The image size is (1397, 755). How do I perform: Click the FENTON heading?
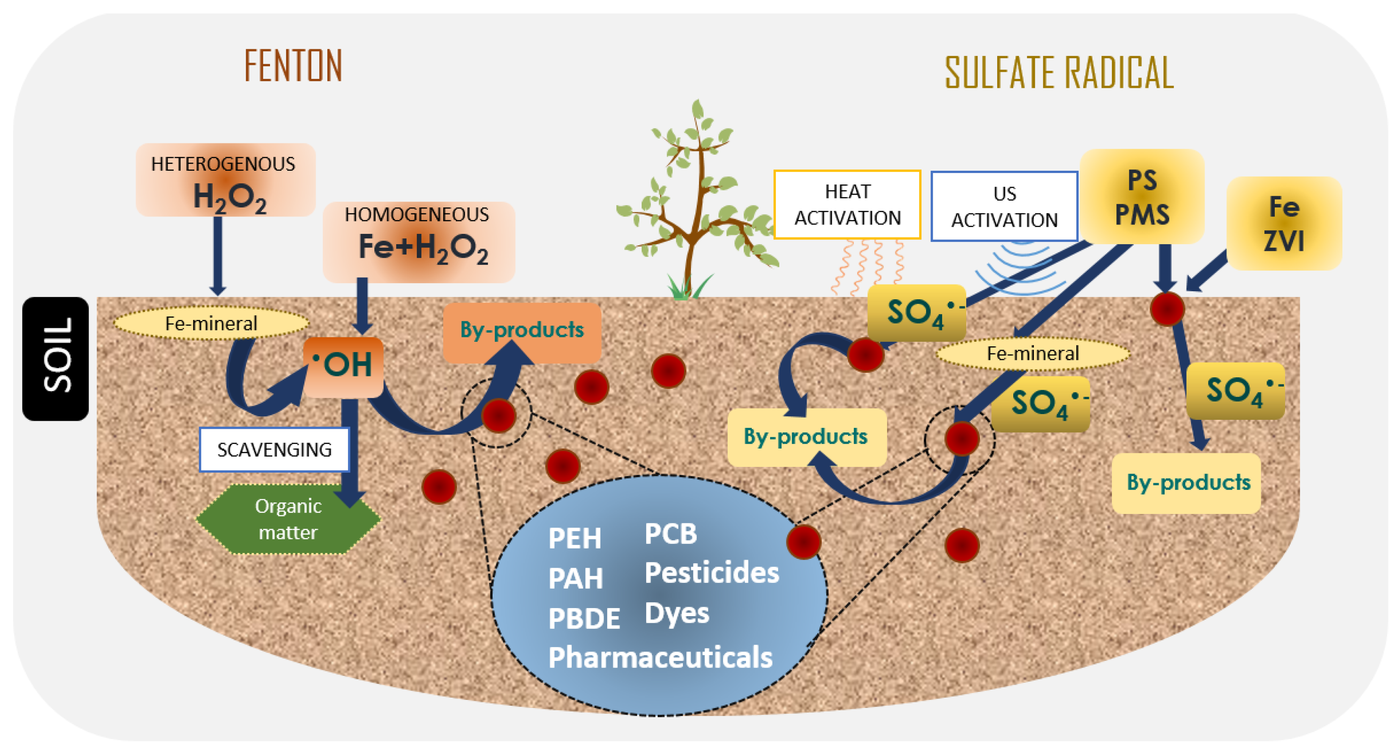[293, 66]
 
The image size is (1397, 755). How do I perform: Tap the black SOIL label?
[56, 358]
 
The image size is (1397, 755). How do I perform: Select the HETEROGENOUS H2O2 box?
[226, 180]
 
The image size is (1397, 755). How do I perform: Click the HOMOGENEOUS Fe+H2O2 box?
[419, 242]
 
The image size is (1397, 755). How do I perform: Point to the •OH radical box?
[343, 366]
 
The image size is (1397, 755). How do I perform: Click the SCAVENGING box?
[274, 449]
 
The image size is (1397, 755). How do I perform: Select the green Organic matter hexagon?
[288, 519]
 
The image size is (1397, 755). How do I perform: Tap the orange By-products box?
[522, 331]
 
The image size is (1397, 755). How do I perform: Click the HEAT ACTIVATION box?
[847, 205]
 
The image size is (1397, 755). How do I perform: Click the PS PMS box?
[1142, 197]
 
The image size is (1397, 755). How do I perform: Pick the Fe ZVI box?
[1284, 224]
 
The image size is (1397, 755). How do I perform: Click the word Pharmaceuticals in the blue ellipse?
[660, 658]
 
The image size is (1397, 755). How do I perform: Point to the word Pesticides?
[711, 573]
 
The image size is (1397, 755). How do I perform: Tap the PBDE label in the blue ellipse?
[584, 619]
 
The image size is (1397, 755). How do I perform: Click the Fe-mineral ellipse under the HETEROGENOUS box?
[211, 324]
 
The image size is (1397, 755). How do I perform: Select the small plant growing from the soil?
[696, 201]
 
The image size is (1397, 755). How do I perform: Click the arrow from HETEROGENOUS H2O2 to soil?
[218, 255]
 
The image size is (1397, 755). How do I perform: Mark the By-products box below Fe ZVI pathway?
[1187, 483]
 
